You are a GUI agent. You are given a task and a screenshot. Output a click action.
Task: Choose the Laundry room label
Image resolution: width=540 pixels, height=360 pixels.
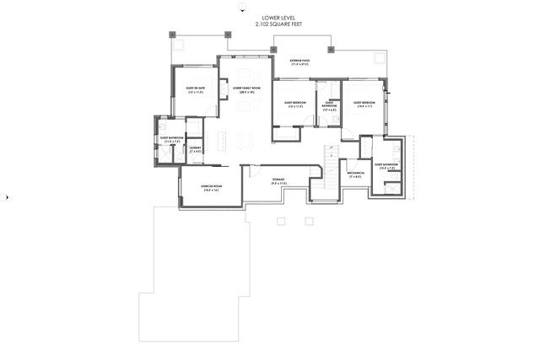(x=194, y=148)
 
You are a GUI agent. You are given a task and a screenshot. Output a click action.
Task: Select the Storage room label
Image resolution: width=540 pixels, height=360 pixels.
(x=278, y=180)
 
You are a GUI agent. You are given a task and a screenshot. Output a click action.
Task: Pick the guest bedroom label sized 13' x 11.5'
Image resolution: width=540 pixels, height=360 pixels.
(x=294, y=105)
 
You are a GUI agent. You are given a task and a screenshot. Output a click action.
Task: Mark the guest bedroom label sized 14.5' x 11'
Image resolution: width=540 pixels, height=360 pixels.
(x=364, y=105)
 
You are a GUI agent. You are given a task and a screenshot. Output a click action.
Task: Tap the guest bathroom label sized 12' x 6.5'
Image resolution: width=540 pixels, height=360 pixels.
(x=329, y=106)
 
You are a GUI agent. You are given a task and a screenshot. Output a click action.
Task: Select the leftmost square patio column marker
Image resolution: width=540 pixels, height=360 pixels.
(x=171, y=35)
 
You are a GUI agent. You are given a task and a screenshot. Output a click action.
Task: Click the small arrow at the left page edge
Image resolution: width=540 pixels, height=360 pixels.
(x=8, y=197)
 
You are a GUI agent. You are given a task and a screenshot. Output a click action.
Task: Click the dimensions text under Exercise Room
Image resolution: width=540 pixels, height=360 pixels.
(x=211, y=191)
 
